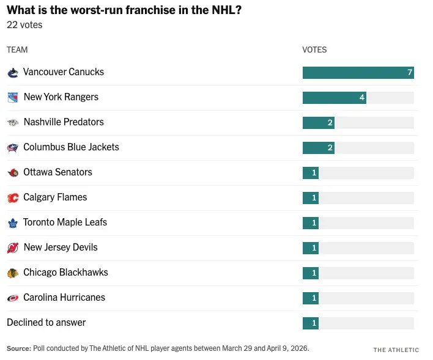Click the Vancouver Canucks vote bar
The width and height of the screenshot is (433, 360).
point(358,73)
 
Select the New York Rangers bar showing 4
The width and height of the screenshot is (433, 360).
point(334,98)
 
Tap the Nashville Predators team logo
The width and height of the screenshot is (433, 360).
point(13,122)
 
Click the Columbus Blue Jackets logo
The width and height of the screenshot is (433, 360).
point(13,147)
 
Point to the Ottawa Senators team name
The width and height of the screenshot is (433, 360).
point(57,172)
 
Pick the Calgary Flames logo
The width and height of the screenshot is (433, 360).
point(13,197)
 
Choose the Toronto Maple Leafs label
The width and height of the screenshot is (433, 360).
point(65,222)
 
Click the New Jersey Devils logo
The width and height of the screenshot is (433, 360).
point(13,248)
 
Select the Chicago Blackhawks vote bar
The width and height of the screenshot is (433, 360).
point(311,273)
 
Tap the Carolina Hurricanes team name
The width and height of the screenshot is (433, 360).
point(64,298)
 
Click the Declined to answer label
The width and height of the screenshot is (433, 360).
point(46,323)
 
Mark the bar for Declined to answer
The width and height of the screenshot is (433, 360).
point(311,323)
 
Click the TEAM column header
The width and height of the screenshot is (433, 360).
point(17,50)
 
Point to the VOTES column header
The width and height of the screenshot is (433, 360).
point(314,50)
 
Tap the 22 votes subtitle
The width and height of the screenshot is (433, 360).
point(24,25)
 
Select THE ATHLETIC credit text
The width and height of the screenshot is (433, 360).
point(396,350)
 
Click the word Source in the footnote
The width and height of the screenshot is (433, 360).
point(18,348)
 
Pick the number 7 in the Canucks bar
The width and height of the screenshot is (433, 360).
point(410,73)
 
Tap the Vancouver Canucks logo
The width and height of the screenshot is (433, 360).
point(13,73)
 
